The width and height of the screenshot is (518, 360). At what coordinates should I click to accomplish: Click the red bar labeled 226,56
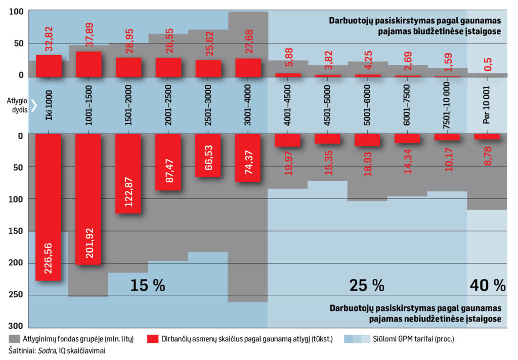point(48,207)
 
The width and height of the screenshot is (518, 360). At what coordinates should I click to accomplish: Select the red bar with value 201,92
point(88,199)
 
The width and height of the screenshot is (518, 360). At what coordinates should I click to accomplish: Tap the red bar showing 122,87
point(128,174)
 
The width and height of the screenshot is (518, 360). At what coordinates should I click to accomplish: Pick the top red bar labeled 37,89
point(89,64)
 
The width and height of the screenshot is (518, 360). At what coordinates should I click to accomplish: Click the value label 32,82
point(49,39)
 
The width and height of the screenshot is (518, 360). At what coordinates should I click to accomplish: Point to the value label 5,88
point(288,57)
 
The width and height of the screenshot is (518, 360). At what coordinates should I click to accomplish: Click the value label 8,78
point(488,156)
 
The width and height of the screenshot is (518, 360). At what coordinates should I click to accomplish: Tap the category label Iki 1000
point(49,105)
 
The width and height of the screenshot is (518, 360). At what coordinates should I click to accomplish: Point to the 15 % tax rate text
point(147,285)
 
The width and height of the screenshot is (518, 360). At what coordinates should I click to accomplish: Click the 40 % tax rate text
point(488,285)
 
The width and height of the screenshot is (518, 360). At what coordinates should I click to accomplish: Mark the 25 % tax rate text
point(367,285)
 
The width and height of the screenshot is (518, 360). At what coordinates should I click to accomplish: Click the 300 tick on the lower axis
point(16,326)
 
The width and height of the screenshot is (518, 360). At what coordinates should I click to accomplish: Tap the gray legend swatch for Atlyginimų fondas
point(14,339)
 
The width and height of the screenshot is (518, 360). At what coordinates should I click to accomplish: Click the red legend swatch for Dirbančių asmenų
point(153,339)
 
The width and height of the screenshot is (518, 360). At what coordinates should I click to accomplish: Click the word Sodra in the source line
point(46,351)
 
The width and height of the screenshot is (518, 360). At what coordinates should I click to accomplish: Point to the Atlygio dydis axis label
point(17,105)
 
